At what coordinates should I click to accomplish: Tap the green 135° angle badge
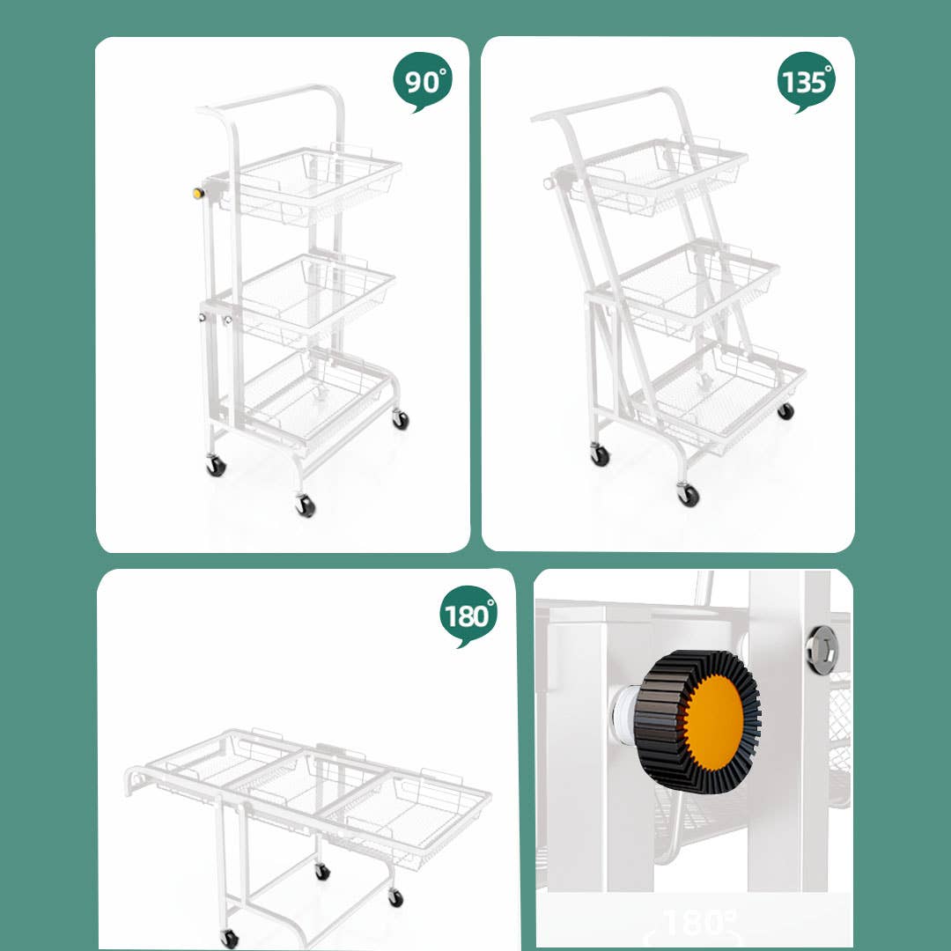[x=806, y=82]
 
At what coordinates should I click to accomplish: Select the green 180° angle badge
[x=468, y=616]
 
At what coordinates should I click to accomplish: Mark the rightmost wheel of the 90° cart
[x=401, y=419]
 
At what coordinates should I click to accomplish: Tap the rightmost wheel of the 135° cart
[x=785, y=410]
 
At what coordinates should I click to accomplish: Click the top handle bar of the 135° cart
[x=608, y=102]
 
